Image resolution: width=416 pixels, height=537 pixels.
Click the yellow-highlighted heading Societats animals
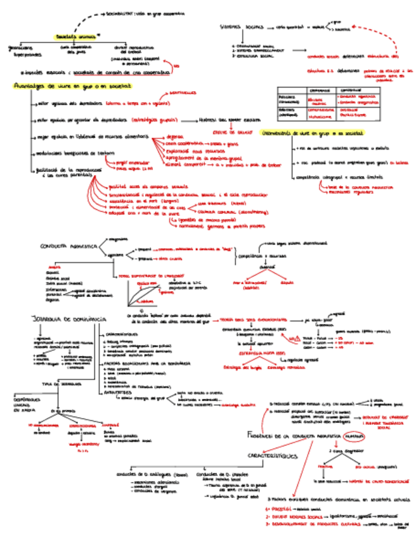coord(75,37)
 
